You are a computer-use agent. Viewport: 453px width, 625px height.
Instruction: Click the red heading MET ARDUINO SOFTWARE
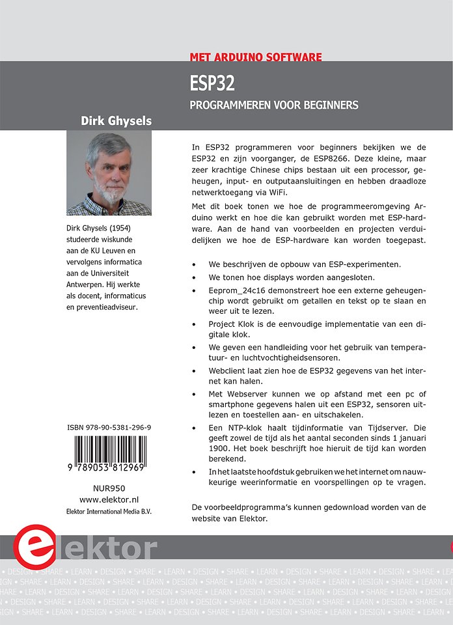pos(256,57)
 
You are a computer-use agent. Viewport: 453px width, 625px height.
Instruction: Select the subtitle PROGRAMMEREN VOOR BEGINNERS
pos(274,105)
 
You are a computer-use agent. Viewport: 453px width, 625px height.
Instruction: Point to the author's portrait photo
pos(109,173)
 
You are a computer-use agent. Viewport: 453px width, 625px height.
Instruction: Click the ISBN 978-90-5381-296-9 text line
pos(109,428)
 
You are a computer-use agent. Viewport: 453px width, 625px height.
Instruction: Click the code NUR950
pos(109,488)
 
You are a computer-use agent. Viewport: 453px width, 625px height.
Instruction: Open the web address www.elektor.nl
pos(109,499)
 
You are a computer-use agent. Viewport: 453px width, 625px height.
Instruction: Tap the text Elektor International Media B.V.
pos(109,511)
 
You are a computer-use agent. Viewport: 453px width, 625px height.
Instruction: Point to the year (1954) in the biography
pos(131,229)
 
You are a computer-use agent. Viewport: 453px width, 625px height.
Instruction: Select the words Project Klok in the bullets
pos(233,323)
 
